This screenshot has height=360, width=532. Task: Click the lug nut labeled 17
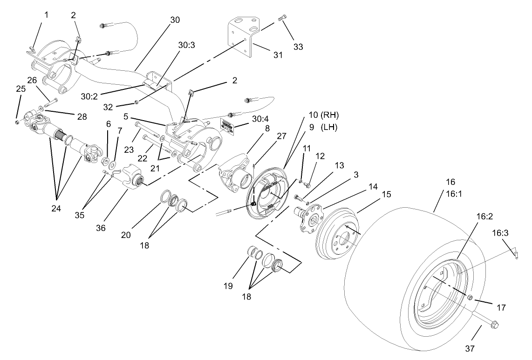click(x=470, y=298)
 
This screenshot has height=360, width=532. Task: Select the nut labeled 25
click(x=17, y=122)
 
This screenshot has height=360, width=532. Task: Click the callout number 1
click(x=46, y=14)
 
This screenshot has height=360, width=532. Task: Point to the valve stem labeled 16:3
click(x=517, y=253)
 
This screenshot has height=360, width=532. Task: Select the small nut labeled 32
click(x=136, y=102)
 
